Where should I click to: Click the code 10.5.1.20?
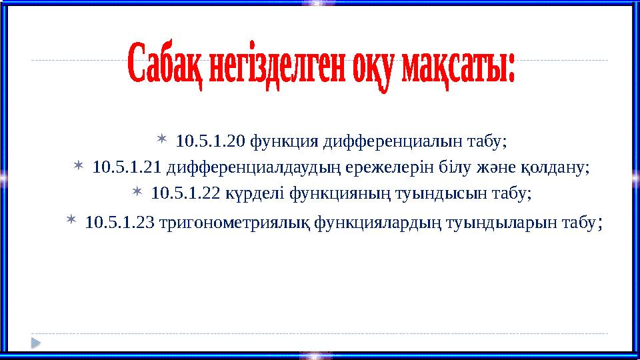click(x=210, y=141)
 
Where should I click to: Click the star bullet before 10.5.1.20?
click(x=163, y=140)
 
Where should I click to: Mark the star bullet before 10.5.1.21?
click(x=79, y=165)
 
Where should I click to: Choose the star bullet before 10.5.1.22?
click(x=137, y=192)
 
